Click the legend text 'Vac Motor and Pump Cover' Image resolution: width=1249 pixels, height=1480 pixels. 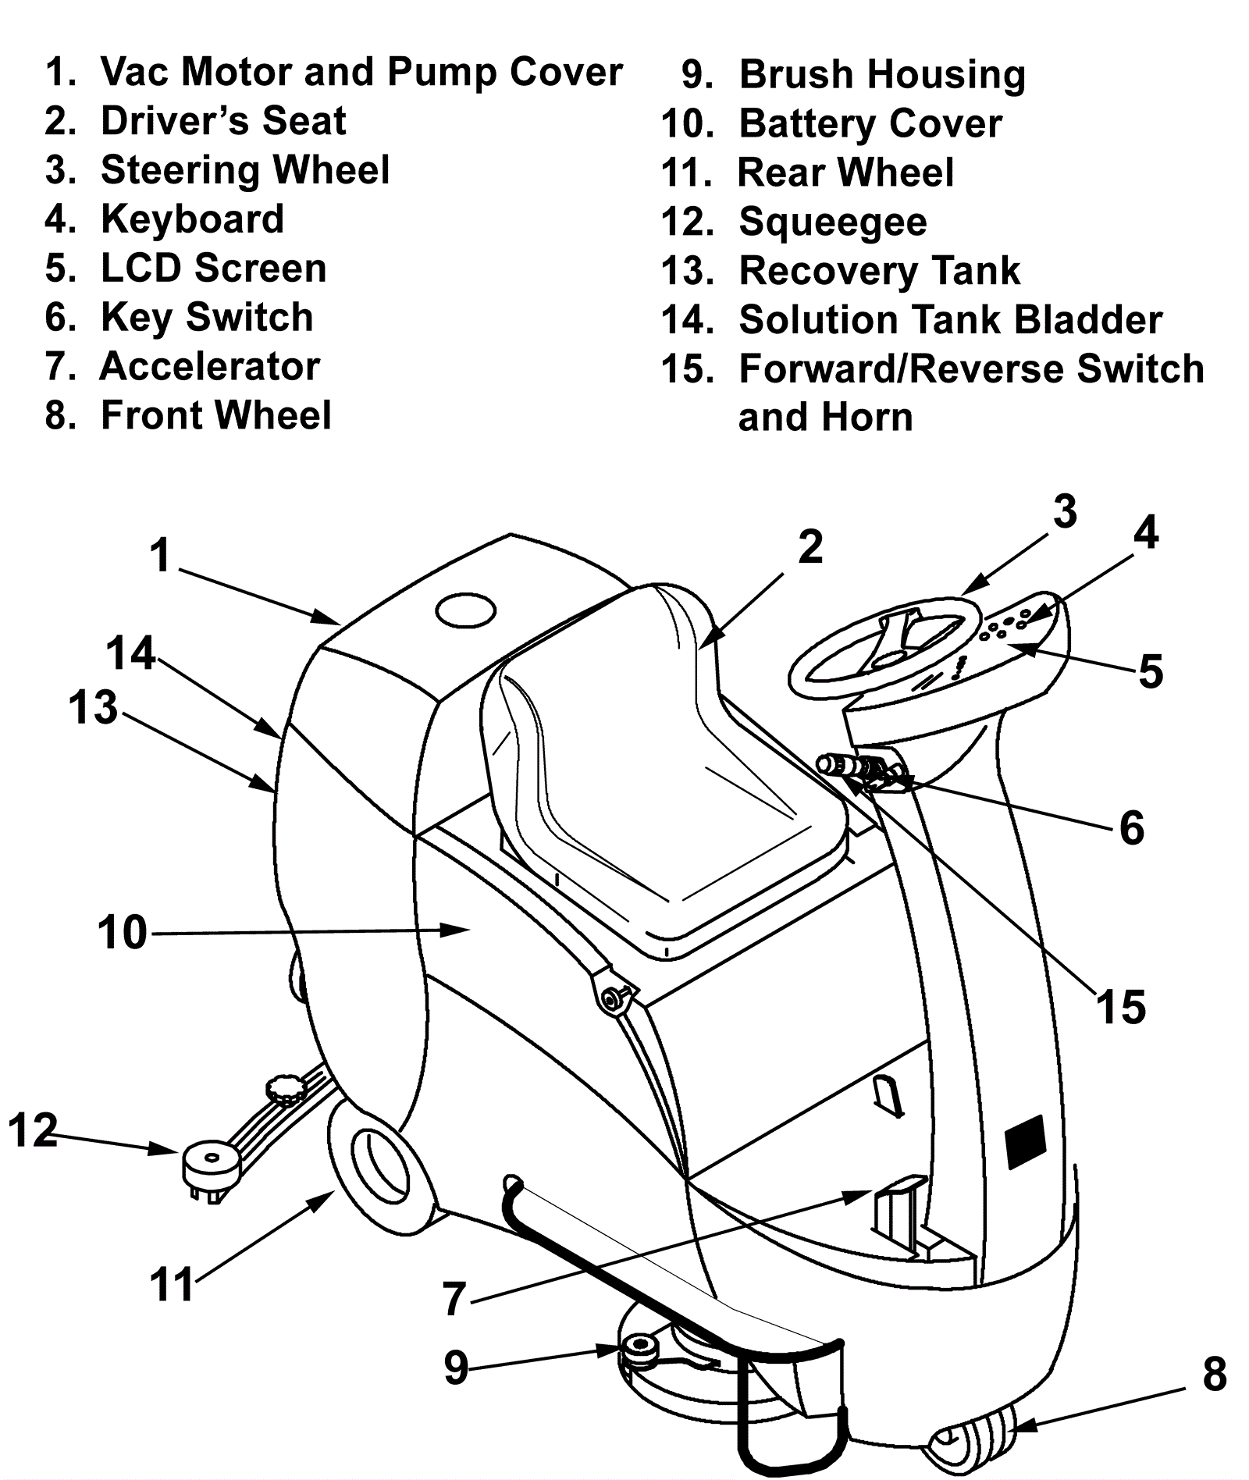pos(361,72)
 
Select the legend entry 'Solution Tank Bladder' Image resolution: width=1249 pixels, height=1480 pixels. pos(950,320)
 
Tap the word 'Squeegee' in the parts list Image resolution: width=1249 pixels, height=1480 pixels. pos(832,222)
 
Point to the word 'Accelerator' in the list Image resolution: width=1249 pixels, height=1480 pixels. pos(210,367)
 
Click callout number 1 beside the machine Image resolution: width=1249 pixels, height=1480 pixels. pos(161,556)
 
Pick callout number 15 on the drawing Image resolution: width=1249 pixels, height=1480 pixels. pos(1121,1007)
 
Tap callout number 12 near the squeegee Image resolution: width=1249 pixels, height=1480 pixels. pos(33,1130)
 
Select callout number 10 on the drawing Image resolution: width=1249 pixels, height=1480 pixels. pos(122,932)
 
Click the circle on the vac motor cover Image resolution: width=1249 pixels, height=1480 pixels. pos(465,610)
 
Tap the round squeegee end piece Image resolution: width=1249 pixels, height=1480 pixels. pos(208,1164)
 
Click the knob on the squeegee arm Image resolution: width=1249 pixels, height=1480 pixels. pos(287,1090)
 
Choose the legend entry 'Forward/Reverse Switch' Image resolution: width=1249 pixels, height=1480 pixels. pos(971,369)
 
